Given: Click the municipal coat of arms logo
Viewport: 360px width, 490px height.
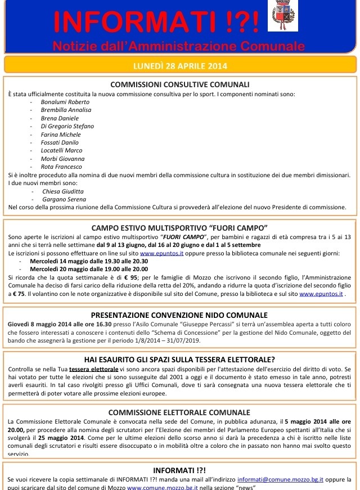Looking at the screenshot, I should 283,16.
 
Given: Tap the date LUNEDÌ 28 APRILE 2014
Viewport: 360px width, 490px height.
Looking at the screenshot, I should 180,65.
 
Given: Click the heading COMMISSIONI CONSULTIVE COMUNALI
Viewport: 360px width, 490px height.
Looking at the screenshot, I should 180,84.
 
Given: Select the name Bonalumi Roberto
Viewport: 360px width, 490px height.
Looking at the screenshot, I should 65,102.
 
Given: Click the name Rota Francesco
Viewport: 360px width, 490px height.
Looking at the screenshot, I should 61,167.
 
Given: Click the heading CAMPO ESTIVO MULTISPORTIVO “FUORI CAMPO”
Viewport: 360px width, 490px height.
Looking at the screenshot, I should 180,228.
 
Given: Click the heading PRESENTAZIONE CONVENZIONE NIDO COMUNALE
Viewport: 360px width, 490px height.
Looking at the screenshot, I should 180,315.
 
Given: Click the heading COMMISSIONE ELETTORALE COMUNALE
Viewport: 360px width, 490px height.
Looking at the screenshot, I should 180,412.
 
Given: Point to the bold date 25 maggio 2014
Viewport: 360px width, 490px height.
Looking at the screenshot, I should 56,437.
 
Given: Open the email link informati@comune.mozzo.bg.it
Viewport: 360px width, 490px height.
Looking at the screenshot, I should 280,479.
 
